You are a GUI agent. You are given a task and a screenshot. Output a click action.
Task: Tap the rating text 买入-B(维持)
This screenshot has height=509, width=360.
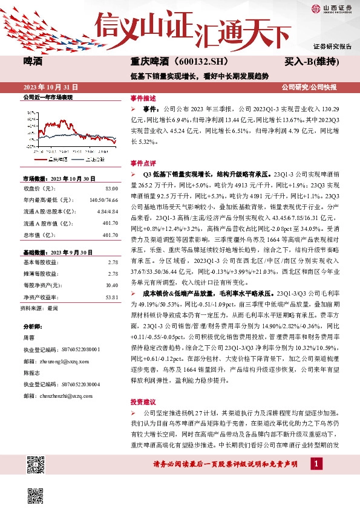(x=311, y=62)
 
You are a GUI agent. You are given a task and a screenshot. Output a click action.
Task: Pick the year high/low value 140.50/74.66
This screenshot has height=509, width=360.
(x=103, y=199)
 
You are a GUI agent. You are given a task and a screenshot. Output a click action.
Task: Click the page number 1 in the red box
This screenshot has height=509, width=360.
(x=315, y=464)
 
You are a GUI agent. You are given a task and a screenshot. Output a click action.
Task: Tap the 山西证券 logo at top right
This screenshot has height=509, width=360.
(x=332, y=8)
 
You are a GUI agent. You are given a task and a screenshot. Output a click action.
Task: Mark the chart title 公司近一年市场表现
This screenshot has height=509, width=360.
(x=47, y=97)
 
